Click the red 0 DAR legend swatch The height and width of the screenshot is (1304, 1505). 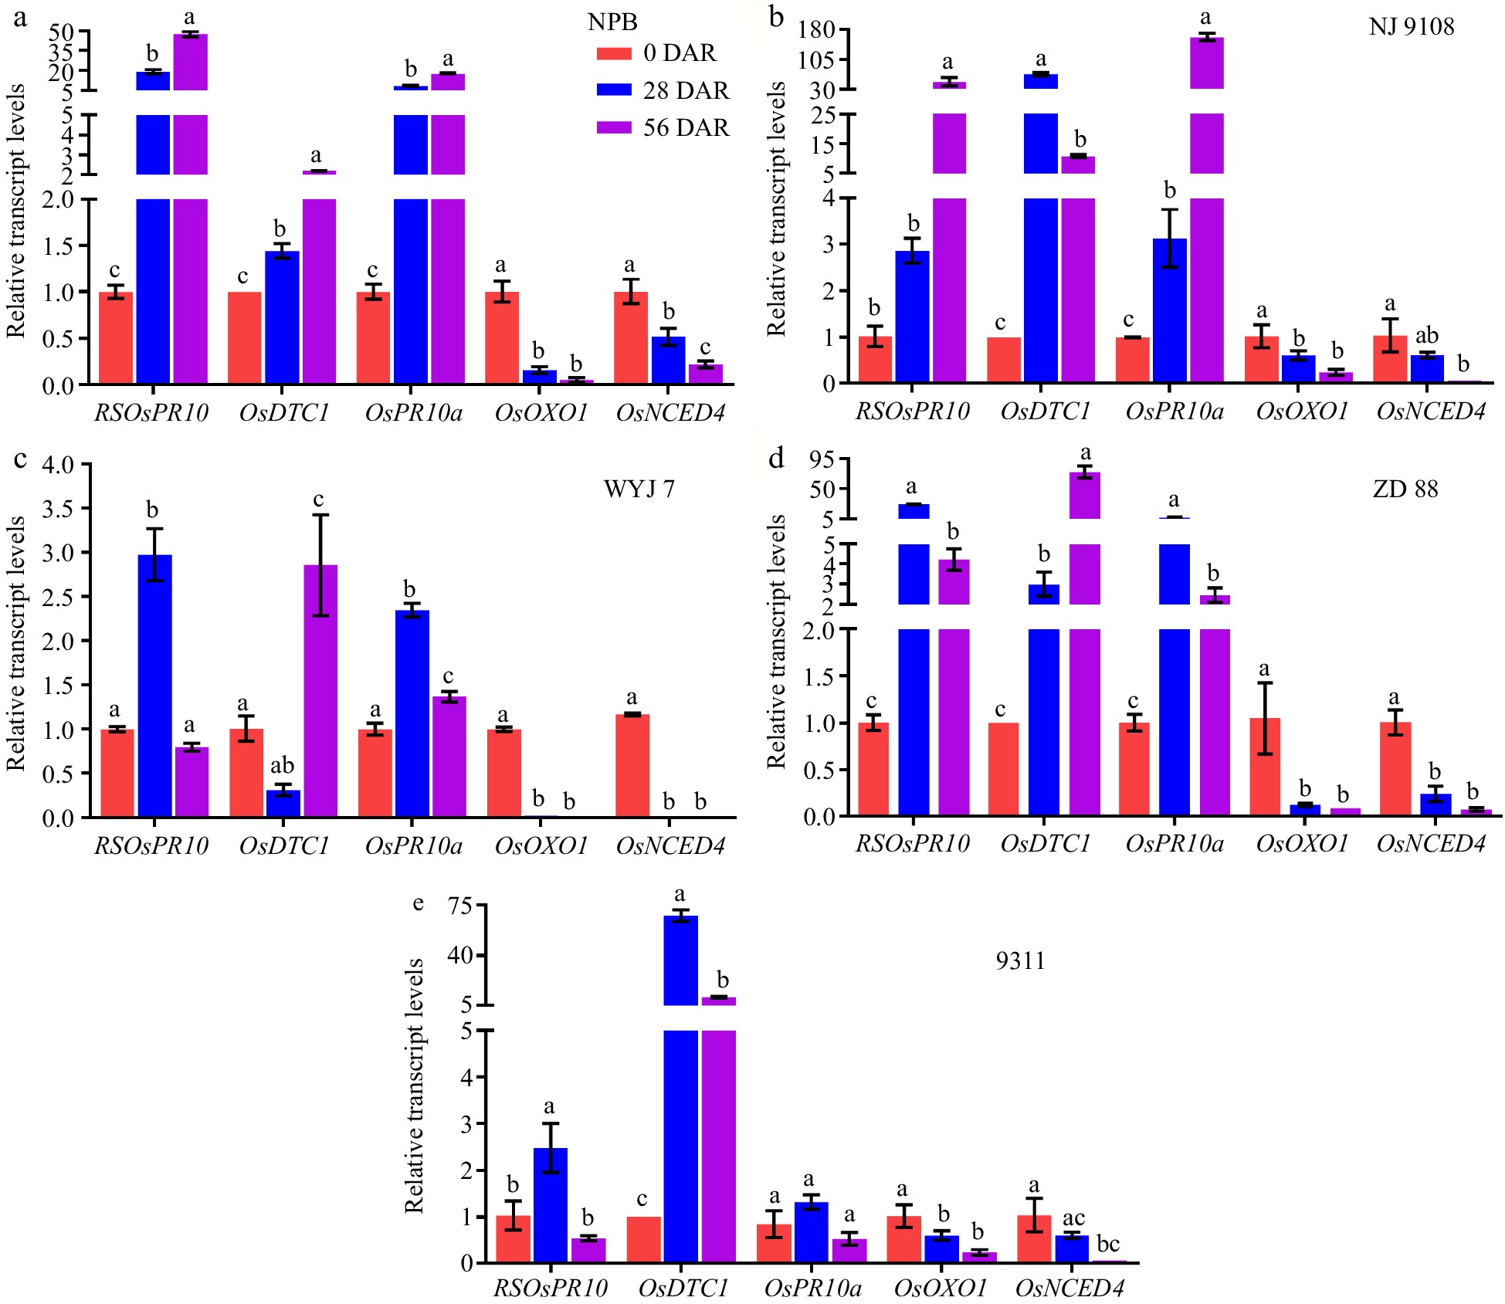[614, 53]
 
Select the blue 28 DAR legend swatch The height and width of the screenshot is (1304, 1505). [614, 90]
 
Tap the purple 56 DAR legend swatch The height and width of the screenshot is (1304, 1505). [614, 127]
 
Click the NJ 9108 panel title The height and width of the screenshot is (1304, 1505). [1411, 27]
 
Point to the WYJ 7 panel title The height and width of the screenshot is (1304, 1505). [639, 489]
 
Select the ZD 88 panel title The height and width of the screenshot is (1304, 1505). [1405, 489]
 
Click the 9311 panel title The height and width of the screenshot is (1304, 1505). [1020, 960]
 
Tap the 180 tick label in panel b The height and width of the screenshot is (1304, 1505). [816, 30]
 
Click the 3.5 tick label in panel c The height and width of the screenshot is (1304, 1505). [58, 509]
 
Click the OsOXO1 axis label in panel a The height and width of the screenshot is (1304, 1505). [541, 413]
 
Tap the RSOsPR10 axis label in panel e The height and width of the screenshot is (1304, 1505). [551, 1288]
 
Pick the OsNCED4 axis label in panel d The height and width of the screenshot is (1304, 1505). [1431, 844]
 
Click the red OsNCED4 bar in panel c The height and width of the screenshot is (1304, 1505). [632, 765]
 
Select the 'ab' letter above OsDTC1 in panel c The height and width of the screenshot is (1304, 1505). [282, 765]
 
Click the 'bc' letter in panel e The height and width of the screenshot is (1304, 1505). [1108, 1244]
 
